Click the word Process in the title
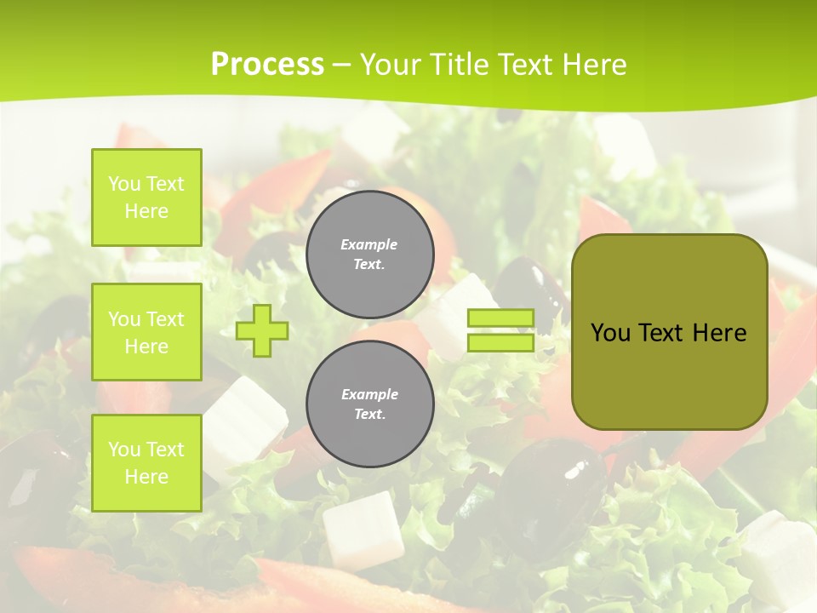[267, 65]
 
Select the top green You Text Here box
[146, 198]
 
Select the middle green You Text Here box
[146, 332]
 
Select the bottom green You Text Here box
[146, 463]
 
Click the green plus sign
[262, 330]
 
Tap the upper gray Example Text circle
[369, 255]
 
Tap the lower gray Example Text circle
[369, 404]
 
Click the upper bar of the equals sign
[500, 318]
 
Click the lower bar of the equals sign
[500, 342]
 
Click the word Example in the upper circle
[369, 244]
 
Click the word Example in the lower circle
[369, 394]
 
